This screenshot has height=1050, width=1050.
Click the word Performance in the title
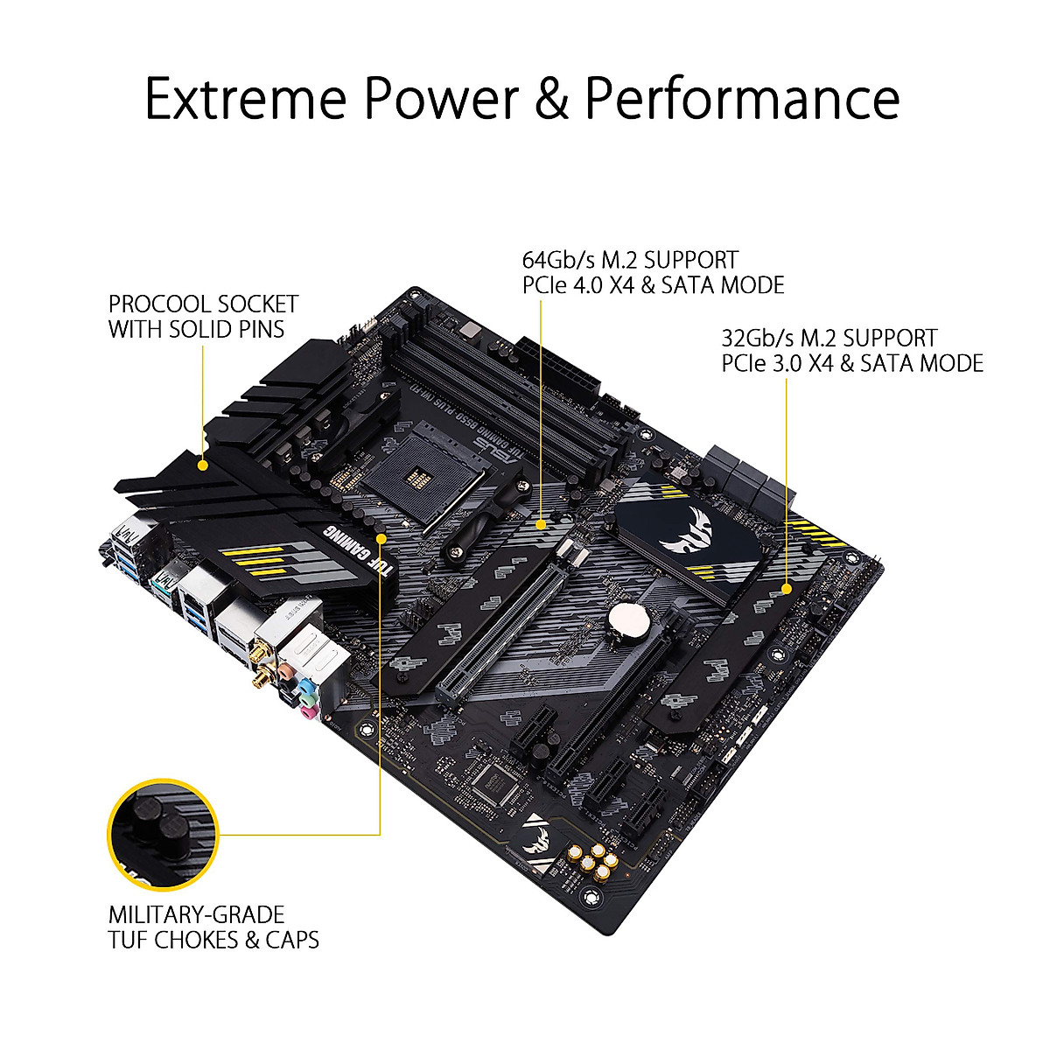point(742,98)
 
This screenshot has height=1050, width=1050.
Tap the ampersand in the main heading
point(551,98)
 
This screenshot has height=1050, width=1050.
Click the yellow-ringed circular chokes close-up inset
point(163,832)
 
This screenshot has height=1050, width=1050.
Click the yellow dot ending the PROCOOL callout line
point(204,465)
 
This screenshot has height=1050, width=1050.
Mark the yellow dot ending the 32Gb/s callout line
point(786,589)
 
